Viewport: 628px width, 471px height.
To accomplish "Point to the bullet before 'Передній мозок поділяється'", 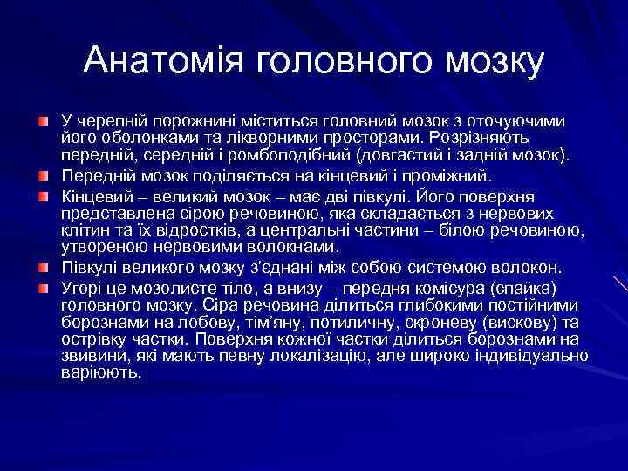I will pos(43,174).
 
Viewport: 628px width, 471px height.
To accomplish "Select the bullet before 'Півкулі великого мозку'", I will pos(43,265).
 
